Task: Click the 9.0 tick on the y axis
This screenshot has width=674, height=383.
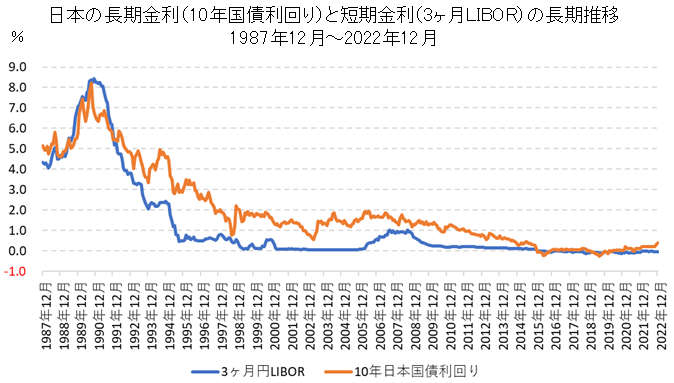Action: click(x=17, y=67)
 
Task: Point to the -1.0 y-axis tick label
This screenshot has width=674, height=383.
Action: click(x=16, y=271)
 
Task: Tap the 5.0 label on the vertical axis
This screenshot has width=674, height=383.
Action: click(x=17, y=148)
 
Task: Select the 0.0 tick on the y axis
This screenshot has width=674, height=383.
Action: click(x=17, y=251)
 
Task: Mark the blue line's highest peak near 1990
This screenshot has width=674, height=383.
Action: click(x=92, y=78)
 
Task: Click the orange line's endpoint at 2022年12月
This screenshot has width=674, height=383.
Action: click(x=658, y=242)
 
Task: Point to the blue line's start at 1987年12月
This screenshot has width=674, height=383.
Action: click(x=42, y=162)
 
